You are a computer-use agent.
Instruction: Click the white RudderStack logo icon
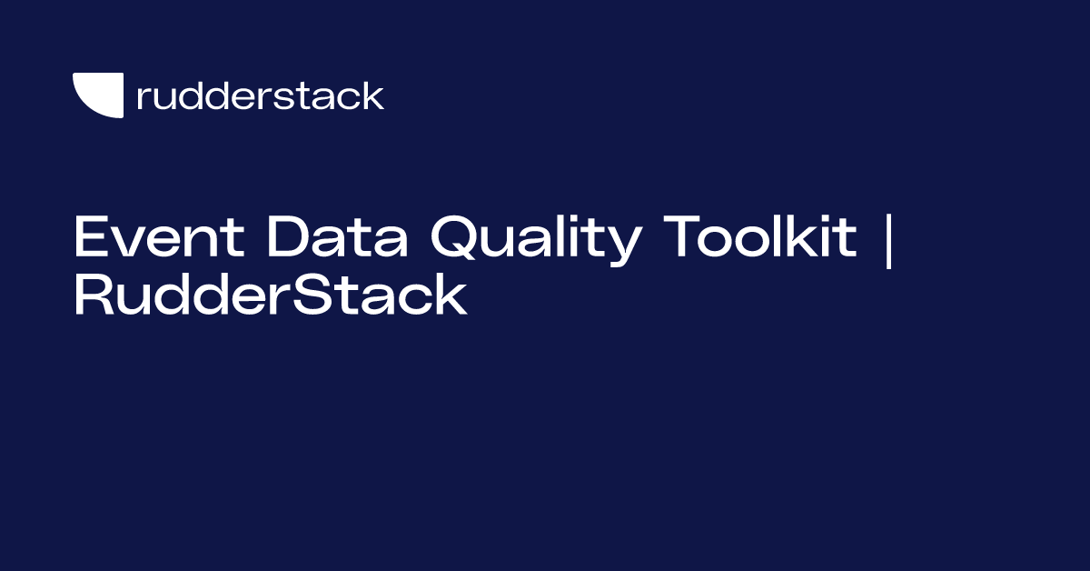tap(98, 95)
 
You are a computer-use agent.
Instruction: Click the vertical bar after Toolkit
tap(888, 240)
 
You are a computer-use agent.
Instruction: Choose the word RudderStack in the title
tap(271, 296)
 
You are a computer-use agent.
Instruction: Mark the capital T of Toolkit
tap(685, 238)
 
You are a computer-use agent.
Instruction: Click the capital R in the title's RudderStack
tap(94, 296)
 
